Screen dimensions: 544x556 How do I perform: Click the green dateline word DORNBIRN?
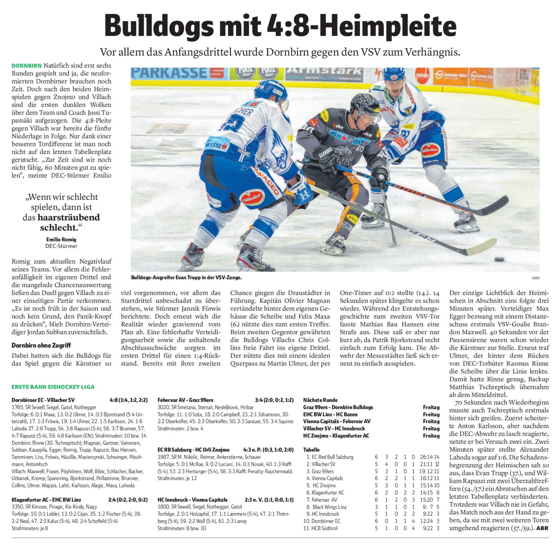tap(27, 66)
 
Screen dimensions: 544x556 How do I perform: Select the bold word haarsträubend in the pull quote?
tap(69, 217)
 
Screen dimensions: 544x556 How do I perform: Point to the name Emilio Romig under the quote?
tap(61, 239)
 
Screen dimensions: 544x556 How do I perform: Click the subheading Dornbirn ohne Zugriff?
tap(41, 345)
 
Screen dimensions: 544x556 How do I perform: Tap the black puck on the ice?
tap(499, 259)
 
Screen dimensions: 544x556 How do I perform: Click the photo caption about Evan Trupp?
tap(186, 277)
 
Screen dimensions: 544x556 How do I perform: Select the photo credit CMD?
tap(536, 278)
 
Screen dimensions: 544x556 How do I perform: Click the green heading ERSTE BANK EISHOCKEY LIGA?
tap(53, 387)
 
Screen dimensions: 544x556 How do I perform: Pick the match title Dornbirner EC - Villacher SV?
tap(43, 400)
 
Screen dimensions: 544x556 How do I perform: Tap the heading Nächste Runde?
tap(321, 400)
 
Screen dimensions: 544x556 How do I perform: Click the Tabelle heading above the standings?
tap(311, 450)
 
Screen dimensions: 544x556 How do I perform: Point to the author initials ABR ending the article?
tap(542, 528)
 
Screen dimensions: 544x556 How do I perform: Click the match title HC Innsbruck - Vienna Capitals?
tap(192, 500)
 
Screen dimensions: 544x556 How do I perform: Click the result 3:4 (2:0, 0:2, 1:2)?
tap(274, 400)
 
